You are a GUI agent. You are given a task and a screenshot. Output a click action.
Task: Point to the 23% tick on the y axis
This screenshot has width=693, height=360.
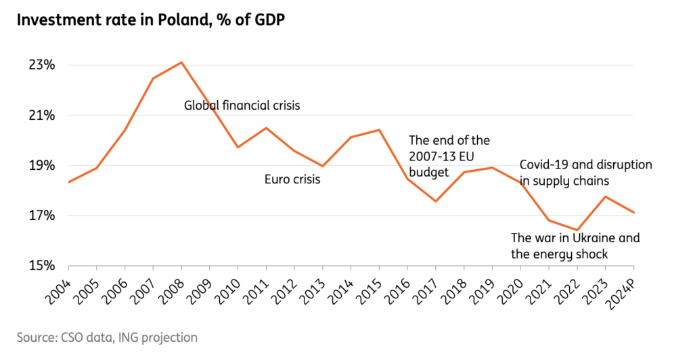click(x=43, y=66)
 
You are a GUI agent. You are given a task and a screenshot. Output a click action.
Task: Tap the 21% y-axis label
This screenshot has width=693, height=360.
click(x=43, y=116)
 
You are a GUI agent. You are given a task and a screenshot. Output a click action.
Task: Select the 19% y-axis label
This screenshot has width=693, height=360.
click(x=43, y=166)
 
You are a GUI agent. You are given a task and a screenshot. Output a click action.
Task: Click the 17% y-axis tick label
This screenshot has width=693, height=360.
click(x=43, y=216)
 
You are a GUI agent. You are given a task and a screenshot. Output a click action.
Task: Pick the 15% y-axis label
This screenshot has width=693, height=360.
click(x=43, y=266)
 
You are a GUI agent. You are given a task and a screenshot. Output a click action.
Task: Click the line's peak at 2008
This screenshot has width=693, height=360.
click(x=181, y=62)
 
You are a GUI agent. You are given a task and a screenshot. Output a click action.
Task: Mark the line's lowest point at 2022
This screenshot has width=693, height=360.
click(x=577, y=230)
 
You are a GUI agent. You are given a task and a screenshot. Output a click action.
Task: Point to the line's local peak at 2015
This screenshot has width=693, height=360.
click(x=379, y=130)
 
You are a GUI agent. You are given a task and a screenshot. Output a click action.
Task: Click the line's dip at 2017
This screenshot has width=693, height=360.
click(x=436, y=201)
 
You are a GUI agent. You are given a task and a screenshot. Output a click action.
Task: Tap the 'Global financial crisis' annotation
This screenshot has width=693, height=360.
click(x=242, y=106)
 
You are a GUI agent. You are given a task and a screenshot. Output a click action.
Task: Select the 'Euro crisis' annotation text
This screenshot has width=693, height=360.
click(x=292, y=180)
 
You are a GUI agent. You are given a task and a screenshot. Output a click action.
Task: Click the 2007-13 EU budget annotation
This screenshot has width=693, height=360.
click(x=449, y=156)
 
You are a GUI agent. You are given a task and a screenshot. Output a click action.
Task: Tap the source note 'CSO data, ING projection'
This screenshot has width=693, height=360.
click(x=108, y=337)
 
